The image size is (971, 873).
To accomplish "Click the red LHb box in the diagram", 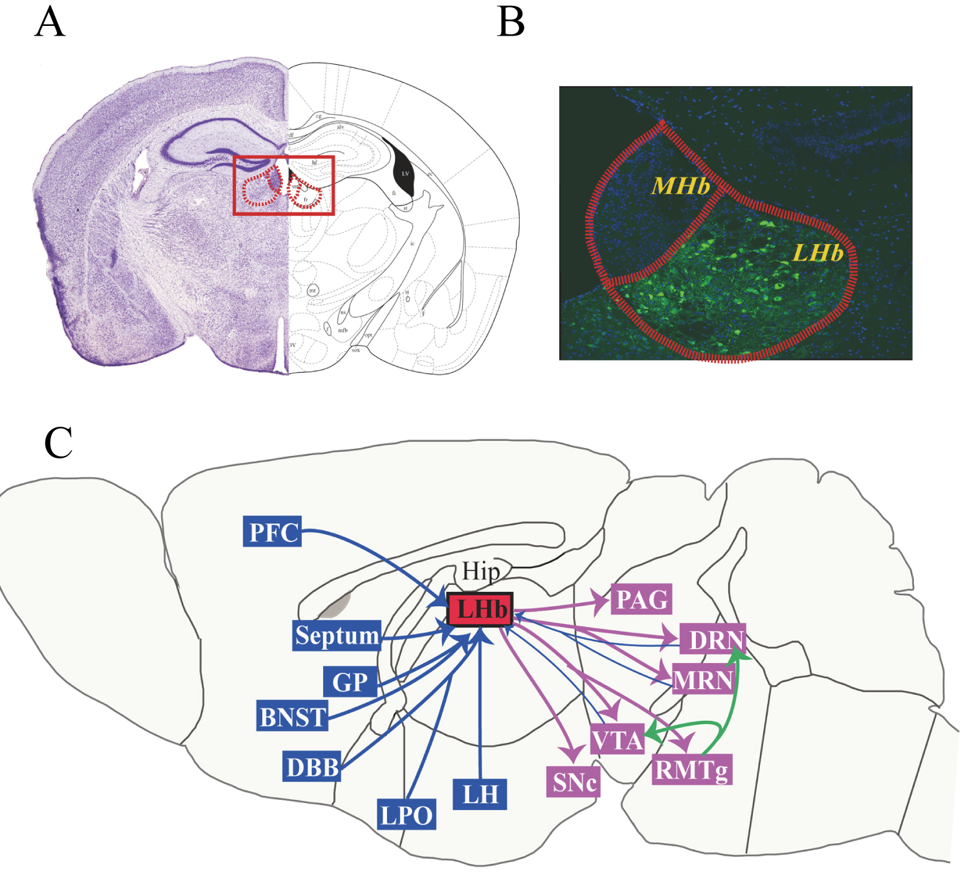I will pyautogui.click(x=480, y=609).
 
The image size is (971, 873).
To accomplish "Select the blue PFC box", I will pyautogui.click(x=273, y=532).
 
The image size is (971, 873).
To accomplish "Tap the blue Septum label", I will pyautogui.click(x=337, y=635).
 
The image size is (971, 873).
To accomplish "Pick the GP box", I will pyautogui.click(x=350, y=682).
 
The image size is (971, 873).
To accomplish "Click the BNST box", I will pyautogui.click(x=293, y=716).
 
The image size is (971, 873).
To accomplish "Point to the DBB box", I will pyautogui.click(x=313, y=767).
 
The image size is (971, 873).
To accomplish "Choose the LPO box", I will pyautogui.click(x=406, y=815).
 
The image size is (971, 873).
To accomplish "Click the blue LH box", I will pyautogui.click(x=480, y=794).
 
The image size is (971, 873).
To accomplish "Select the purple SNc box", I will pyautogui.click(x=574, y=782).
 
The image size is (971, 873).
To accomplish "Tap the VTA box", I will pyautogui.click(x=618, y=740).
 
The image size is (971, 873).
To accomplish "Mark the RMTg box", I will pyautogui.click(x=691, y=770).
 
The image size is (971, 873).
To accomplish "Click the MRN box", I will pyautogui.click(x=703, y=681).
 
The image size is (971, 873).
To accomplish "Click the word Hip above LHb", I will pyautogui.click(x=481, y=572).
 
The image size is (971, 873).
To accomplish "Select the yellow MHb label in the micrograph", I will pyautogui.click(x=680, y=186).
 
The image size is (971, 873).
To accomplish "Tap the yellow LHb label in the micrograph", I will pyautogui.click(x=818, y=253).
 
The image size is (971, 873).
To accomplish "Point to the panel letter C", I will pyautogui.click(x=58, y=443).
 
